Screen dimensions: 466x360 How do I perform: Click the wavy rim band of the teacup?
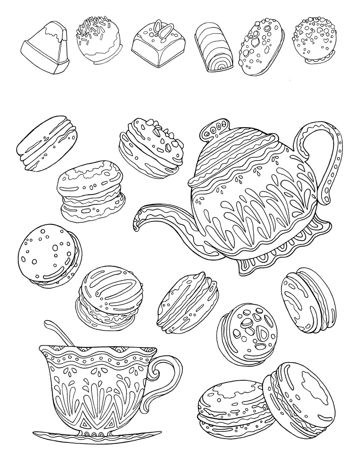coord(97,355)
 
